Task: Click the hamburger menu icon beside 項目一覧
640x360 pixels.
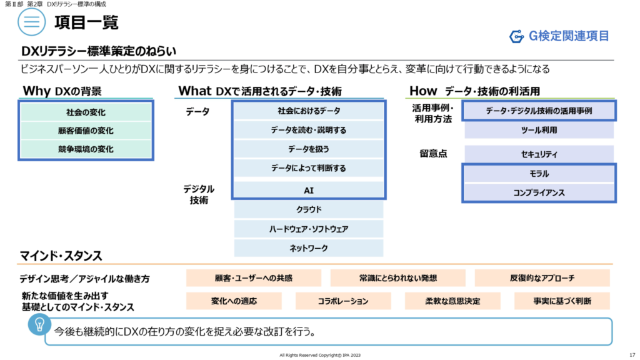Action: click(32, 23)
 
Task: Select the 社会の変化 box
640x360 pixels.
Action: click(86, 112)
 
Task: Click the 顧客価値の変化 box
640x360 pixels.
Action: click(86, 131)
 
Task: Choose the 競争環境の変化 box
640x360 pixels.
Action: click(86, 149)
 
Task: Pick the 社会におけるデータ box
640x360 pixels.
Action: click(309, 111)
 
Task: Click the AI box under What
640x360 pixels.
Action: click(309, 189)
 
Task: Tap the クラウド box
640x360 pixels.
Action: click(309, 209)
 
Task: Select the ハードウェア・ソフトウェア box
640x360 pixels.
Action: click(309, 229)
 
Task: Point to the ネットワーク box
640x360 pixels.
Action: click(309, 248)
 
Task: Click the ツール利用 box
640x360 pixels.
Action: click(539, 130)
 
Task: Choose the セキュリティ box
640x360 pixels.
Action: click(539, 154)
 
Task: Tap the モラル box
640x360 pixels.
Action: click(539, 174)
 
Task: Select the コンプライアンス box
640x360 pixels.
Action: click(539, 193)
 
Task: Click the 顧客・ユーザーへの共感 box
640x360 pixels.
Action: click(254, 278)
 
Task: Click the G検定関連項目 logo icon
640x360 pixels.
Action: click(516, 37)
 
